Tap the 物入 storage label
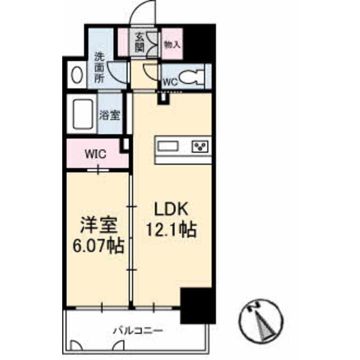tap(172, 45)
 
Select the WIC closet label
tap(95, 155)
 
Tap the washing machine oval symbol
tap(76, 76)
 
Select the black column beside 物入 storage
tap(200, 43)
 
